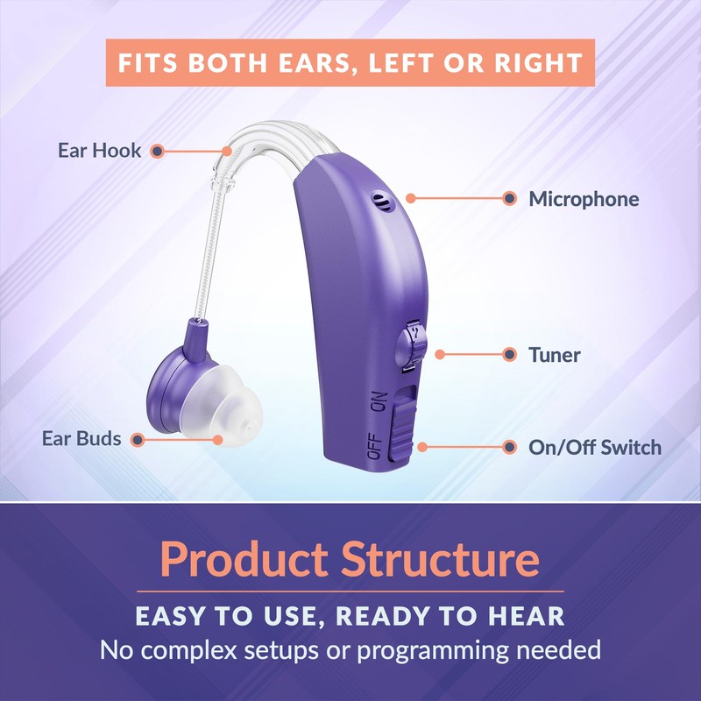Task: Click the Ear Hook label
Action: [x=99, y=151]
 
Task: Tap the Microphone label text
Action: [x=584, y=199]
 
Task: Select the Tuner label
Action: [x=554, y=355]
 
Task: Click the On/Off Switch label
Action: [x=594, y=447]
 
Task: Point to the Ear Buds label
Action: [x=81, y=438]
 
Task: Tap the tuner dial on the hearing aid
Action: [x=413, y=345]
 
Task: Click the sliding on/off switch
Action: [x=401, y=424]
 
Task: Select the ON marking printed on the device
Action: [x=379, y=403]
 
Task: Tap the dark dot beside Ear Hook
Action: [x=157, y=151]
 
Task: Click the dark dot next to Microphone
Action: [x=509, y=199]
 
